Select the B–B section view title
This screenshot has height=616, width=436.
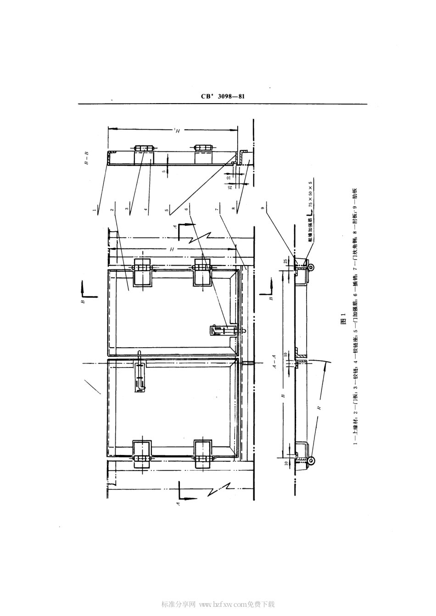pyautogui.click(x=86, y=158)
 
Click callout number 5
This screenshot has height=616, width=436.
pyautogui.click(x=168, y=211)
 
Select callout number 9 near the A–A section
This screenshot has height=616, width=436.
pyautogui.click(x=263, y=209)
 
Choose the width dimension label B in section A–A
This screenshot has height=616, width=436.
pyautogui.click(x=284, y=395)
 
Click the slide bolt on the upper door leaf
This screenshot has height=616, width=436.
pyautogui.click(x=224, y=330)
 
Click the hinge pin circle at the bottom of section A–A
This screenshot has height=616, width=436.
pyautogui.click(x=311, y=461)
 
